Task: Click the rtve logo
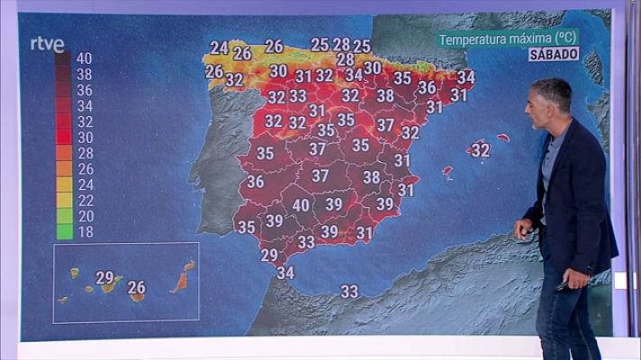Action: click(47, 43)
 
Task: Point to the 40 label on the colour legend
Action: click(85, 58)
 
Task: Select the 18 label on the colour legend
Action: click(85, 231)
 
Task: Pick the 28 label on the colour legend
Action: click(85, 153)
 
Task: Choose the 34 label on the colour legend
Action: click(85, 105)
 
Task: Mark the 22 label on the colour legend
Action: click(85, 200)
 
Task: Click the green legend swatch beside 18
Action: click(63, 231)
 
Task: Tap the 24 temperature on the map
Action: click(219, 48)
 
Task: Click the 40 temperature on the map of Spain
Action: click(302, 205)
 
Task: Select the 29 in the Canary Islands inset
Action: click(104, 277)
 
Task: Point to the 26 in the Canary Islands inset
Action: click(137, 288)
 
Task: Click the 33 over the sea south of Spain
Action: click(349, 291)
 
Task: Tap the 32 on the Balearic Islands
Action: click(481, 150)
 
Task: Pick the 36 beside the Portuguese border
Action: click(256, 182)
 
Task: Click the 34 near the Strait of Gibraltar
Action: click(285, 273)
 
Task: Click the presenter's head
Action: click(551, 103)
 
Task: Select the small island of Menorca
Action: click(503, 139)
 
